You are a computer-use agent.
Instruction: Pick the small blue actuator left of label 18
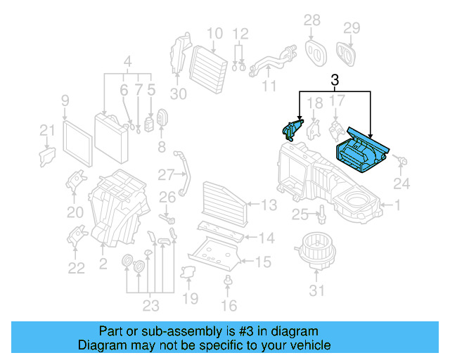291,129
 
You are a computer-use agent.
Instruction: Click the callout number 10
214,32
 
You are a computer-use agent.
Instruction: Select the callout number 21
46,130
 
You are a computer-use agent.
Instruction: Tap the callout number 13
269,205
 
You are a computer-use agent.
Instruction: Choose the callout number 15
262,262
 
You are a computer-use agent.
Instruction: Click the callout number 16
229,306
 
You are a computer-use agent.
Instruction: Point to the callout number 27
166,174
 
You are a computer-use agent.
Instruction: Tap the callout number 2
103,263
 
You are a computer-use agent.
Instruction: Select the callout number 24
400,185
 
